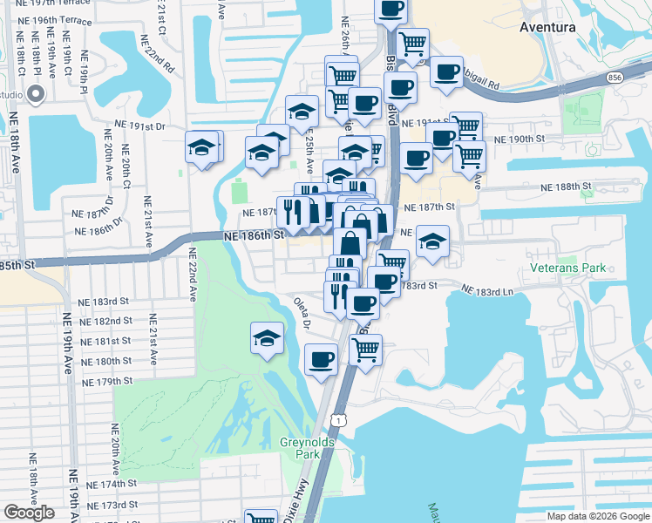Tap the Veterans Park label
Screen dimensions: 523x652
[568, 268]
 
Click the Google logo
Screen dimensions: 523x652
[29, 513]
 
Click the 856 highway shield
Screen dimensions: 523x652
[615, 78]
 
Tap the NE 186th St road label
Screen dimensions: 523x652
[255, 235]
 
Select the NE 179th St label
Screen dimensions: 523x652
[106, 382]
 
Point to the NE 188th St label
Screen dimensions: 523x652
[566, 187]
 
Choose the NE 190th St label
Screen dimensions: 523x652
[519, 139]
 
